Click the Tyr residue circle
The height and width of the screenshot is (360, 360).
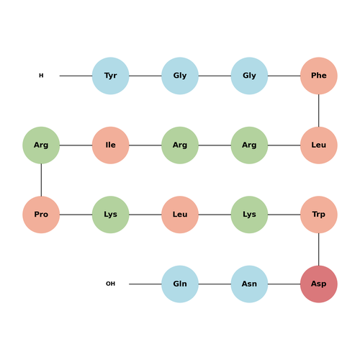pos(111,76)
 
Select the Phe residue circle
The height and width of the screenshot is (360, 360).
pos(319,76)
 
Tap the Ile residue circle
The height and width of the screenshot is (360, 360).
pos(111,145)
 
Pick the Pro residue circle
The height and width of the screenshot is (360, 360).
pos(41,215)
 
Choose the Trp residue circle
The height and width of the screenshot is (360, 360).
pos(319,215)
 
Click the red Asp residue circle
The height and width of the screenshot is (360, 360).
pos(319,284)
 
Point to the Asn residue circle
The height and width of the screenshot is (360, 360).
pos(249,284)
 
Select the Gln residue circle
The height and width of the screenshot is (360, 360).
pos(180,284)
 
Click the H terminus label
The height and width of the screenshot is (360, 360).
pos(41,76)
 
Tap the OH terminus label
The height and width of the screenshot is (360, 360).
pos(111,284)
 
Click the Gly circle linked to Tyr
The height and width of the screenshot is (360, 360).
pos(180,76)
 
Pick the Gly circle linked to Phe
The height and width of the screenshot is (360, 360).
pos(249,76)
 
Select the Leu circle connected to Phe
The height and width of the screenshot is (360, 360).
pos(319,145)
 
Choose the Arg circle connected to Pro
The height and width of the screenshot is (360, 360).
pos(41,145)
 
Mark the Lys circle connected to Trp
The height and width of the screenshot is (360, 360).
pos(249,215)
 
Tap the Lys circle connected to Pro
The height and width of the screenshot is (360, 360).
pos(111,215)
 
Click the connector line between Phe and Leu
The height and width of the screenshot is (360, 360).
pos(319,110)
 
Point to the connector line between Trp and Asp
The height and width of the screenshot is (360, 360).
pos(319,249)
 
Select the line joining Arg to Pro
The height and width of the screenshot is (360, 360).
pos(41,180)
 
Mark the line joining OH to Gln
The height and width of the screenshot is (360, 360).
pos(145,284)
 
